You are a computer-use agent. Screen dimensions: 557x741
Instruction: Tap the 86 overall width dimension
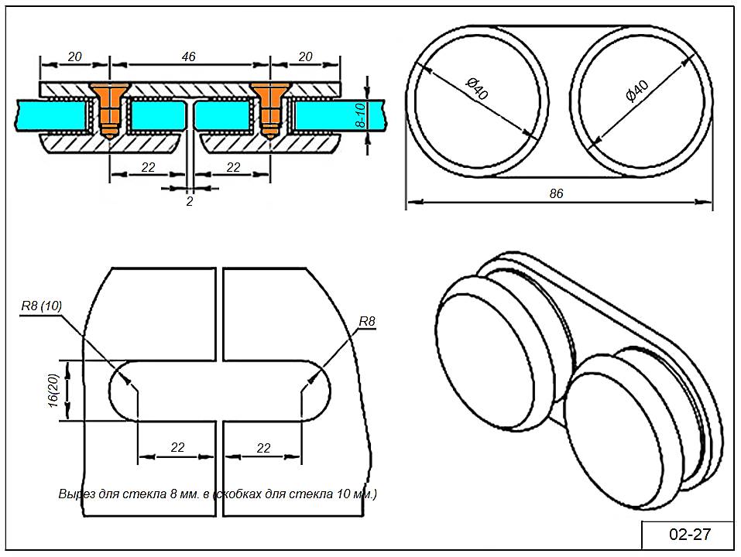coord(556,193)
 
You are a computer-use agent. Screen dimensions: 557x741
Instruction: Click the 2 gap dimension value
coord(189,202)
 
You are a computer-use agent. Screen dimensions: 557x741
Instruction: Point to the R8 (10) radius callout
coord(41,306)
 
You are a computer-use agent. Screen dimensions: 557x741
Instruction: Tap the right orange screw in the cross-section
coord(269,108)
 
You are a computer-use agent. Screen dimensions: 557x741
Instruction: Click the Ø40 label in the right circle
coord(636,91)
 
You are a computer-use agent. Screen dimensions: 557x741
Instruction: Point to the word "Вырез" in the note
coord(74,493)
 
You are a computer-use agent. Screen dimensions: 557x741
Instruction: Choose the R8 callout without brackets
coord(367,320)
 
